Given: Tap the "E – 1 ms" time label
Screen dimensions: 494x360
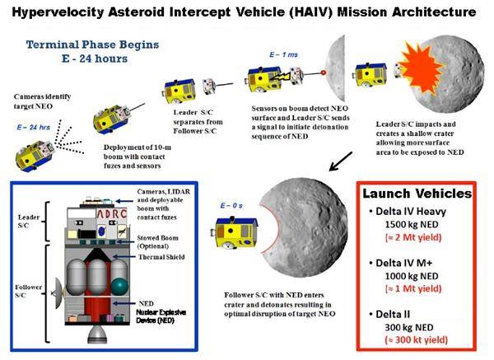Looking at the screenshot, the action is click(283, 54).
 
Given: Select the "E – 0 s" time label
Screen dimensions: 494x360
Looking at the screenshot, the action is click(231, 205).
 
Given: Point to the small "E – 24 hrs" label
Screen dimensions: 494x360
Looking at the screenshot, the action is click(34, 128).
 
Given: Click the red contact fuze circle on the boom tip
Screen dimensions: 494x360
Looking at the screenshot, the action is click(323, 72).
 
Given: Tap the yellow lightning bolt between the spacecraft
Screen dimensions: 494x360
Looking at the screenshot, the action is click(280, 77).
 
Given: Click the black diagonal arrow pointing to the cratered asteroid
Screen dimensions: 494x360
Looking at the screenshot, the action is click(341, 161).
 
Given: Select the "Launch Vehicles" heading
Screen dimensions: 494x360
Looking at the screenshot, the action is click(417, 194).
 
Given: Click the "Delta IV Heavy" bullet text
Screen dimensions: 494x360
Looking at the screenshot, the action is click(411, 211).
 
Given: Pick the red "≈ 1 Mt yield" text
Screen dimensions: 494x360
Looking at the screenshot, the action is click(413, 288).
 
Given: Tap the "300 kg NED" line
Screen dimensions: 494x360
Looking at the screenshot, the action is click(409, 328).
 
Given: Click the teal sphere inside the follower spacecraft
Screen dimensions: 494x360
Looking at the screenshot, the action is click(119, 286).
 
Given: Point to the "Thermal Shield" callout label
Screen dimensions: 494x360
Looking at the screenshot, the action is click(161, 257).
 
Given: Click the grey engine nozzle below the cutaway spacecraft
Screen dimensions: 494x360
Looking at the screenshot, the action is click(97, 334).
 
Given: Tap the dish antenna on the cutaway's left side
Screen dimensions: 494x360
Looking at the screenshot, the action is click(58, 293).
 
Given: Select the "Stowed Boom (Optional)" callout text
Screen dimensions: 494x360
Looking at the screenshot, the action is click(157, 242).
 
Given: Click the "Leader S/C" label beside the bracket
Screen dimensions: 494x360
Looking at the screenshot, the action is click(29, 222).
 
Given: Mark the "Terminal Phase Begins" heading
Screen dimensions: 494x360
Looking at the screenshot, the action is click(92, 44).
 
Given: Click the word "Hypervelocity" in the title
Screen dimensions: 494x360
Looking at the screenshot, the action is click(58, 12).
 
